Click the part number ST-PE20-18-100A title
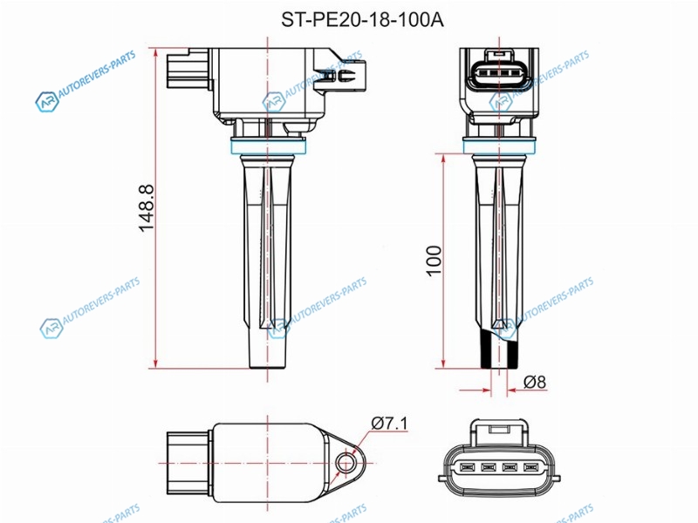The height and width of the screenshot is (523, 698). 362,20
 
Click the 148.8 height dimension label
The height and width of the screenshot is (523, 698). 147,207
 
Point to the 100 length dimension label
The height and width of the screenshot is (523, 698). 434,261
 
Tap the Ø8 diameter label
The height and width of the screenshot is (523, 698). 534,382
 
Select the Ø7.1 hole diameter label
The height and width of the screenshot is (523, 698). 389,423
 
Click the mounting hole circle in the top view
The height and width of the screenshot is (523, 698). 345,464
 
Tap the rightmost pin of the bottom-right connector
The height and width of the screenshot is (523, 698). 530,467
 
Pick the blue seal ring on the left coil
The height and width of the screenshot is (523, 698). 268,146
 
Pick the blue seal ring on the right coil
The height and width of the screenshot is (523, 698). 499,146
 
